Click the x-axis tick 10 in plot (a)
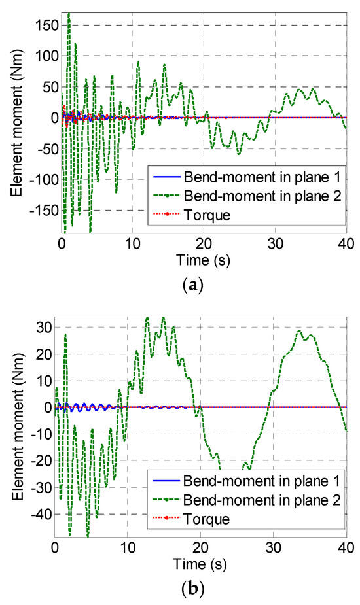point(133,240)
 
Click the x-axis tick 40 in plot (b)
point(346,547)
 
